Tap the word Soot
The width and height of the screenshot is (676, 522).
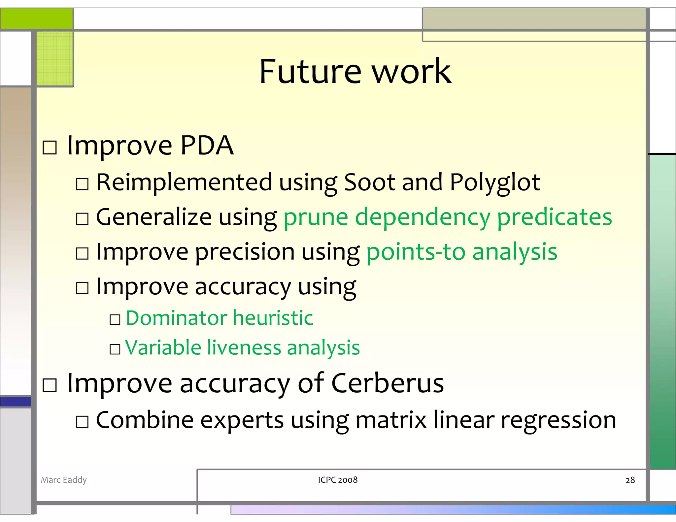369,182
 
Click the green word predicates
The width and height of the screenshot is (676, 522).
554,218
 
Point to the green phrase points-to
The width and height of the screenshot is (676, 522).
416,252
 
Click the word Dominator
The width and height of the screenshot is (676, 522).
176,318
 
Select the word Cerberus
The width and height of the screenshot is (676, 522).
387,383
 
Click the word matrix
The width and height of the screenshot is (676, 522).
391,420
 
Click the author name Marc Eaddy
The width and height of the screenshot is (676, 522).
64,480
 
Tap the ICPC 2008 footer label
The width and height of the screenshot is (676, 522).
338,480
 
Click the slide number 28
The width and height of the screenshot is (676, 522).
630,480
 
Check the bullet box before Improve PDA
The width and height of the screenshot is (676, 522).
50,147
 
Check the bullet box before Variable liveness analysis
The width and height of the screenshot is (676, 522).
115,349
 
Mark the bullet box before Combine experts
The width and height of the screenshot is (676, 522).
82,422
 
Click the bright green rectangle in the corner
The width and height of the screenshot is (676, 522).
36,18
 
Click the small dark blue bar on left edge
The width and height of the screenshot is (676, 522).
16,402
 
